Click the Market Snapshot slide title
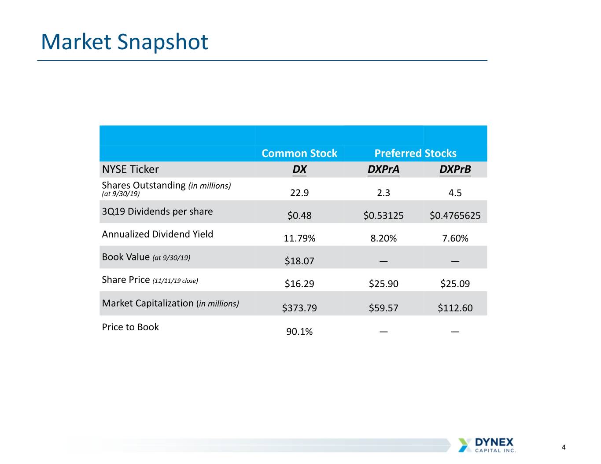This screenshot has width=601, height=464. pyautogui.click(x=125, y=42)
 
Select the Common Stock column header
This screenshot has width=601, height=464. pyautogui.click(x=299, y=153)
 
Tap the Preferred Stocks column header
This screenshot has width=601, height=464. pyautogui.click(x=416, y=153)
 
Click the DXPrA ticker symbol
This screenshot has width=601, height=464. pyautogui.click(x=383, y=169)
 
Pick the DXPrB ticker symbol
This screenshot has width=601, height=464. pyautogui.click(x=455, y=169)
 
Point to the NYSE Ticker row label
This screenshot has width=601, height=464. pyautogui.click(x=130, y=169)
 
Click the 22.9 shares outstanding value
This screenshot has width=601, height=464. pyautogui.click(x=299, y=193)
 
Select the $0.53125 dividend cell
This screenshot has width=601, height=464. pyautogui.click(x=383, y=216)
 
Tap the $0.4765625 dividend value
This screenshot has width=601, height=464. pyautogui.click(x=455, y=216)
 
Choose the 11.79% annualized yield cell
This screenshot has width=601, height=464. pyautogui.click(x=299, y=238)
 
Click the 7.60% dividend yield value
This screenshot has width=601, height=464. pyautogui.click(x=455, y=238)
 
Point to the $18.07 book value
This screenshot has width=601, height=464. pyautogui.click(x=299, y=261)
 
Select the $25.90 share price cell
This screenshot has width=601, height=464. pyautogui.click(x=383, y=284)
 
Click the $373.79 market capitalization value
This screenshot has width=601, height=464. pyautogui.click(x=299, y=308)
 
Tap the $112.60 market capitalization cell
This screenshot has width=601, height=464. pyautogui.click(x=455, y=308)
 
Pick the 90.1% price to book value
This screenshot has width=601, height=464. pyautogui.click(x=299, y=332)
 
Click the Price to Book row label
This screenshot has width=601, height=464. pyautogui.click(x=130, y=327)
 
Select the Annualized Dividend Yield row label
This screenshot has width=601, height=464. pyautogui.click(x=157, y=234)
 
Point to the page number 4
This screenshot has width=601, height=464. pyautogui.click(x=564, y=447)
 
